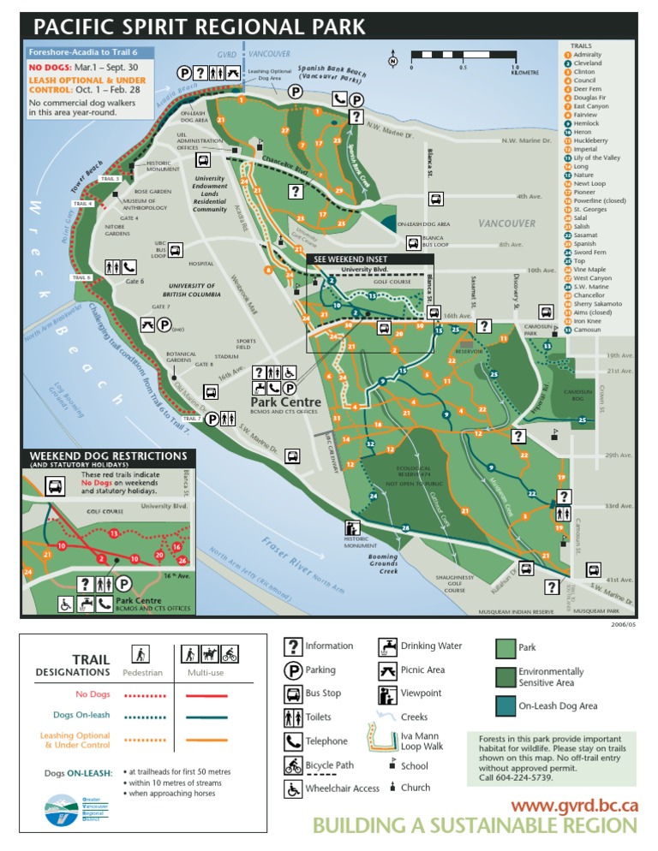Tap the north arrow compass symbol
tap(392, 62)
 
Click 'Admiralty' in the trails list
tap(587, 55)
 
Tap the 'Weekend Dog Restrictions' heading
tap(109, 456)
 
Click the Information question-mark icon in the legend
tap(292, 646)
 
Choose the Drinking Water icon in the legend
tap(387, 646)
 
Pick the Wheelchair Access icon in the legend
tap(292, 789)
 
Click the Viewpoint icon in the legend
tap(387, 693)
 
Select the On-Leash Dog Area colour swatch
tap(505, 705)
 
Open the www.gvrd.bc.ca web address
tap(574, 805)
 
